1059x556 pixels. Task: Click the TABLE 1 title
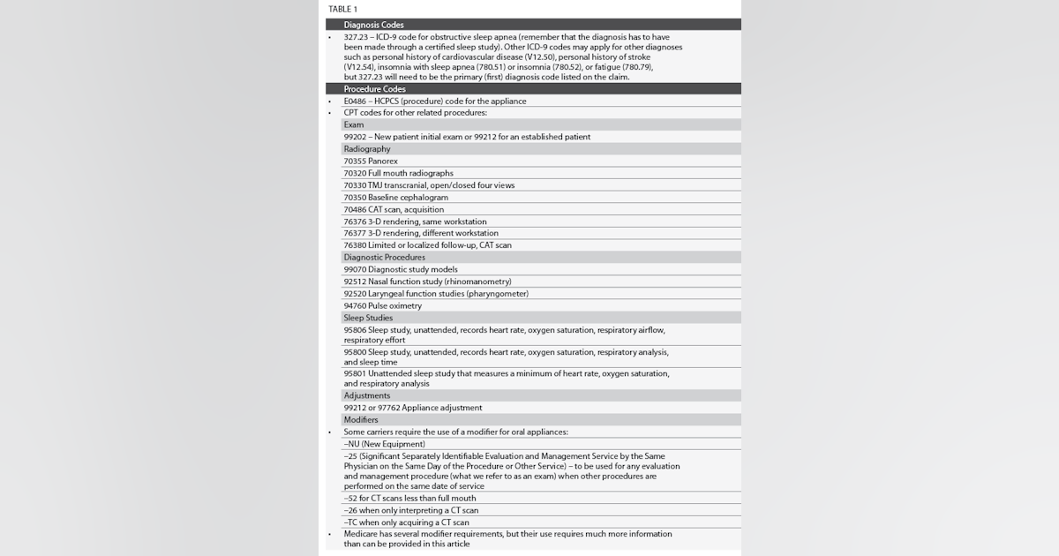click(x=344, y=9)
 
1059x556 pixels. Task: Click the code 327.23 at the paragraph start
click(x=357, y=37)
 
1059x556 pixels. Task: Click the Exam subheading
click(x=353, y=125)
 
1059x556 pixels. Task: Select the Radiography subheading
click(x=366, y=149)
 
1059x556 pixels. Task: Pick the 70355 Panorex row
click(x=371, y=162)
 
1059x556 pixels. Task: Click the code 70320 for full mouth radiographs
click(x=356, y=174)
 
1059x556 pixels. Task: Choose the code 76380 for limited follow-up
click(x=356, y=245)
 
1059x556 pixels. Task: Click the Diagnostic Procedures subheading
click(x=384, y=258)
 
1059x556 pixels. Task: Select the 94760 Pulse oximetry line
click(x=382, y=306)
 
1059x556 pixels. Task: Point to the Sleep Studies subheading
click(x=368, y=318)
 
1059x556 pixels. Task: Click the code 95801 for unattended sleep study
click(x=356, y=373)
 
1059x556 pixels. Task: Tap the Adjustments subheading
click(x=366, y=396)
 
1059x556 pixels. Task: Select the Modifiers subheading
click(x=361, y=420)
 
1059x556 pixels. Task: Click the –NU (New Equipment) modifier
click(x=384, y=444)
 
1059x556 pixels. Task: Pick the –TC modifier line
click(x=406, y=522)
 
